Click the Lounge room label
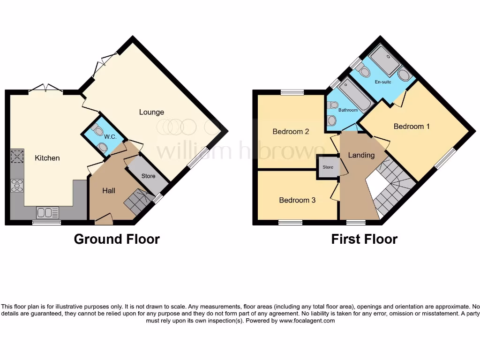[x=151, y=112]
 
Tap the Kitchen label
[x=47, y=158]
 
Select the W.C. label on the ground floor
[x=110, y=137]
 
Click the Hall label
[x=109, y=191]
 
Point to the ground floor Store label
[x=148, y=176]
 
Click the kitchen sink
[x=48, y=213]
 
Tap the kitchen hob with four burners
[x=17, y=185]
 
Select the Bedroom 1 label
[x=412, y=126]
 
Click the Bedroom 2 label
[x=291, y=131]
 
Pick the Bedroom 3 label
[x=297, y=200]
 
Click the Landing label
[x=361, y=155]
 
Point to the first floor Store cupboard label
[x=328, y=167]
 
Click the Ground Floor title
[x=117, y=239]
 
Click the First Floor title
[x=364, y=239]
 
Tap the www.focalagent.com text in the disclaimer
[x=307, y=321]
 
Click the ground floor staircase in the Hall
[x=136, y=202]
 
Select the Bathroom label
[x=348, y=110]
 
